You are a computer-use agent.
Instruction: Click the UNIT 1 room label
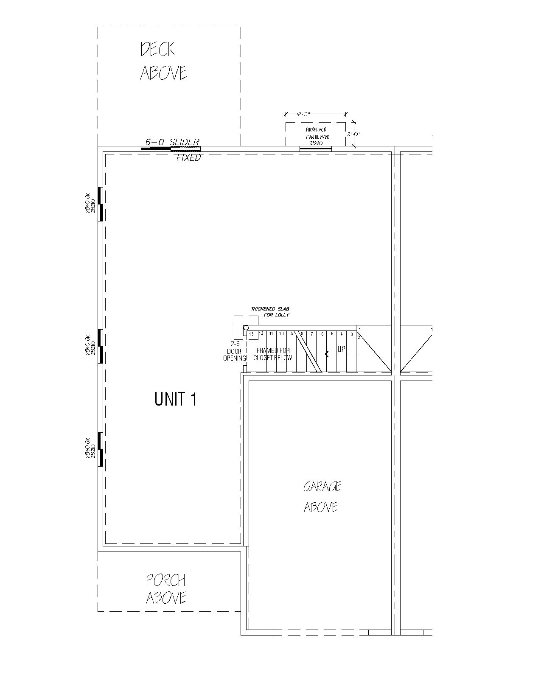tap(176, 399)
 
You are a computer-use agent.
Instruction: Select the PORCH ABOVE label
tap(166, 589)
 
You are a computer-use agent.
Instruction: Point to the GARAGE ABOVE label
tap(322, 497)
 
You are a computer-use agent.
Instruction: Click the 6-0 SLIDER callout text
tap(172, 142)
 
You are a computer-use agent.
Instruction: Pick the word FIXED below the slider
tap(189, 158)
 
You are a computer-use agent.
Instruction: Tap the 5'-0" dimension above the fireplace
tap(304, 114)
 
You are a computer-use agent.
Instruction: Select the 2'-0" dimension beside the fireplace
tap(353, 134)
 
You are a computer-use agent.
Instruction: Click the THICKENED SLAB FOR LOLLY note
tap(270, 312)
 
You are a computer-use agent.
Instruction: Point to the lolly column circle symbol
tap(246, 328)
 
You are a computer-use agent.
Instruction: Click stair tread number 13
tap(251, 334)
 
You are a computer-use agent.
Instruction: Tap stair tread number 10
tap(281, 334)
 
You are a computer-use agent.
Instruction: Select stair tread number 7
tap(312, 334)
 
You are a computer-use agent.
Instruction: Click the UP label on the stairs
tap(342, 350)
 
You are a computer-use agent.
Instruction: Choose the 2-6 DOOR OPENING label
tap(235, 351)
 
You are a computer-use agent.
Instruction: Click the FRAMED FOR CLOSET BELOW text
tap(273, 354)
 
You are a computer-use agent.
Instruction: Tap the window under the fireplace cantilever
tap(316, 148)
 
